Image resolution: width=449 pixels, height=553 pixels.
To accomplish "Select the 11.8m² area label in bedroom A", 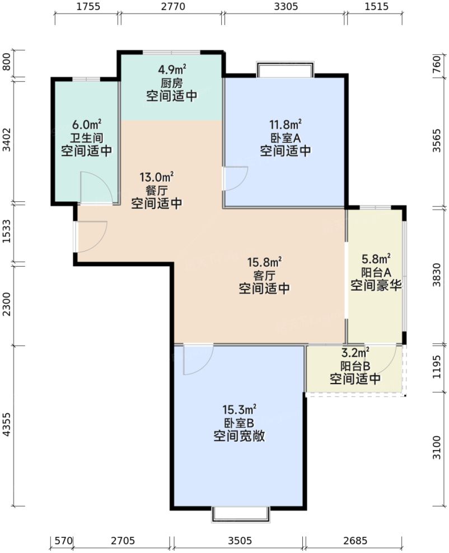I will (286, 124).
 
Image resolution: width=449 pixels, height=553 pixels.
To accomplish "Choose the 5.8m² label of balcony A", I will (376, 259).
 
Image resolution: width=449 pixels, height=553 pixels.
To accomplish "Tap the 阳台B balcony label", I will (356, 366).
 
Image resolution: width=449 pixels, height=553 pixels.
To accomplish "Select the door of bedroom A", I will (235, 179).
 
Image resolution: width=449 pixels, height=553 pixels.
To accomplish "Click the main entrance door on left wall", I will (90, 236).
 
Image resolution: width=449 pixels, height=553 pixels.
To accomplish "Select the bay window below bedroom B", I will (237, 514).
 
